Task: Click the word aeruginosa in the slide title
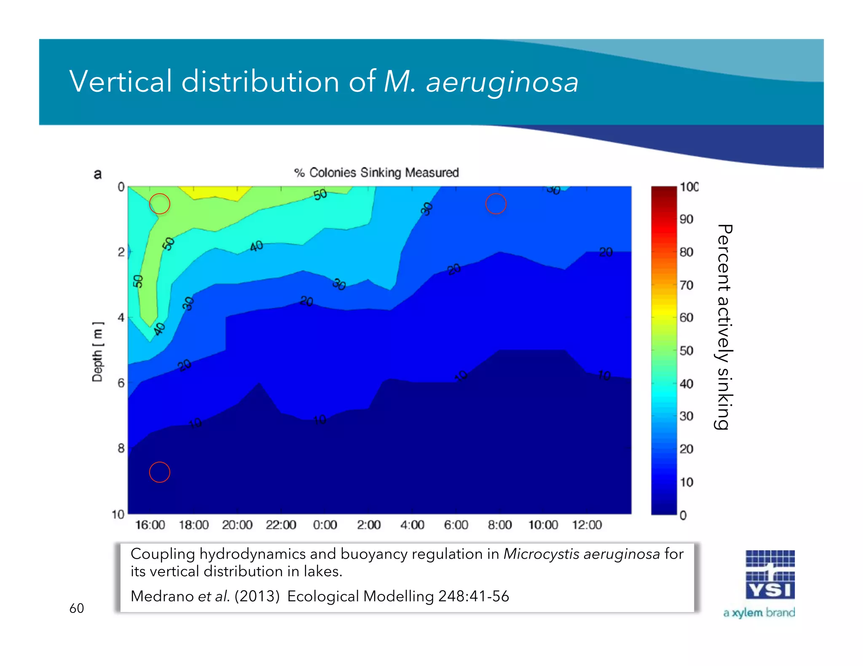point(502,82)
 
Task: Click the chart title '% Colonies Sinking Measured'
point(376,173)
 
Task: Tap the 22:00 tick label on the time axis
point(281,525)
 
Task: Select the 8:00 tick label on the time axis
point(499,525)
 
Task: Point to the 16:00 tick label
point(150,525)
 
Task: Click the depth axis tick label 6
point(121,383)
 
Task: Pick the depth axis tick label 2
point(121,252)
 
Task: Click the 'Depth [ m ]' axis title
point(97,352)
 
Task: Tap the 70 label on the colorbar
point(686,285)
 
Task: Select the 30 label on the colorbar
point(686,416)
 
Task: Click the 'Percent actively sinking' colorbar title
point(724,327)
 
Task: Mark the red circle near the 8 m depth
point(160,472)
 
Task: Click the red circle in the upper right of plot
point(496,204)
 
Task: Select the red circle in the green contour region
point(160,204)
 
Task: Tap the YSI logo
point(770,575)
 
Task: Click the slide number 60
point(77,608)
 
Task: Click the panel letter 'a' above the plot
point(98,174)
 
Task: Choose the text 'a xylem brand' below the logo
point(759,613)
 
